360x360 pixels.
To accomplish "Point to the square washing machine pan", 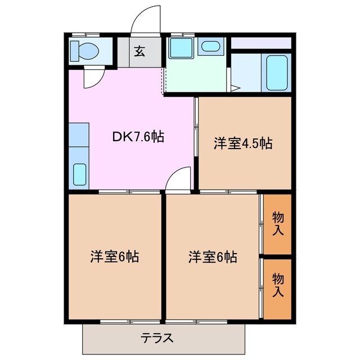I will (181, 48).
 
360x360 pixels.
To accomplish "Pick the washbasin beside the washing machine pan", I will (210, 47).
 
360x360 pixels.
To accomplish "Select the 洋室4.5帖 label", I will (242, 143).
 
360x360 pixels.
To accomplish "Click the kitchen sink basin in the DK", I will (79, 175).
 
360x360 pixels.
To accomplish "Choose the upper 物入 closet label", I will (278, 223).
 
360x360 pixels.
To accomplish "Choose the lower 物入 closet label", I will (278, 285).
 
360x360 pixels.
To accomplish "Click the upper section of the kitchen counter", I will (79, 134).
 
